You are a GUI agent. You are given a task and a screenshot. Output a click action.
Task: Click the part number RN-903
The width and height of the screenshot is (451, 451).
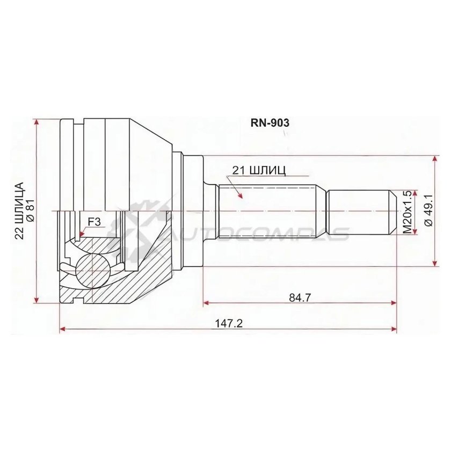[x=270, y=123]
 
